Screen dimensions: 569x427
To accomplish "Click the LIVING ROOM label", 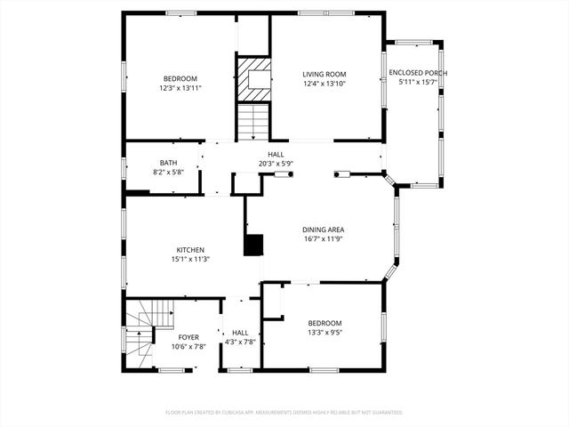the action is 324,75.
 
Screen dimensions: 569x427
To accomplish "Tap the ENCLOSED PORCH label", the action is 418,73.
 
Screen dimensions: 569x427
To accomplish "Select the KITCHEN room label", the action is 190,250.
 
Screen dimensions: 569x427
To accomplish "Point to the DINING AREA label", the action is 323,230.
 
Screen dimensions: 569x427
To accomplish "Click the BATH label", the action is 168,163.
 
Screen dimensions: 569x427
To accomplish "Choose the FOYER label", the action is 188,338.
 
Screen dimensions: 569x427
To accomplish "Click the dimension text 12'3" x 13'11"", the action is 180,88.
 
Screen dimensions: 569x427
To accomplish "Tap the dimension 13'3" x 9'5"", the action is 325,332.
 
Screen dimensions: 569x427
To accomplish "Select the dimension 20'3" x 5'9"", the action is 276,164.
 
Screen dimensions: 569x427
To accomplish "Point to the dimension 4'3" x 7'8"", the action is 240,342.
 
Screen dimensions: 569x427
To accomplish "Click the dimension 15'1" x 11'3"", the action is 190,259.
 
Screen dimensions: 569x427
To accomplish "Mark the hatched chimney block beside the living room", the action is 254,80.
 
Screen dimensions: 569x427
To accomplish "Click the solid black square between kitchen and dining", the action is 253,246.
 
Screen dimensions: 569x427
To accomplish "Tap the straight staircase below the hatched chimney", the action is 253,122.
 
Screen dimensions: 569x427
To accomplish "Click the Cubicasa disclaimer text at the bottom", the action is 284,413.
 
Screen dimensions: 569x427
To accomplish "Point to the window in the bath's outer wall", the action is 124,168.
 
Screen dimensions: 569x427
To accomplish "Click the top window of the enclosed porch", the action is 413,42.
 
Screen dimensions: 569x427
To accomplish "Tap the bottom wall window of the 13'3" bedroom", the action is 324,370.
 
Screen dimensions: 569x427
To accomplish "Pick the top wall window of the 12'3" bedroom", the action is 181,13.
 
